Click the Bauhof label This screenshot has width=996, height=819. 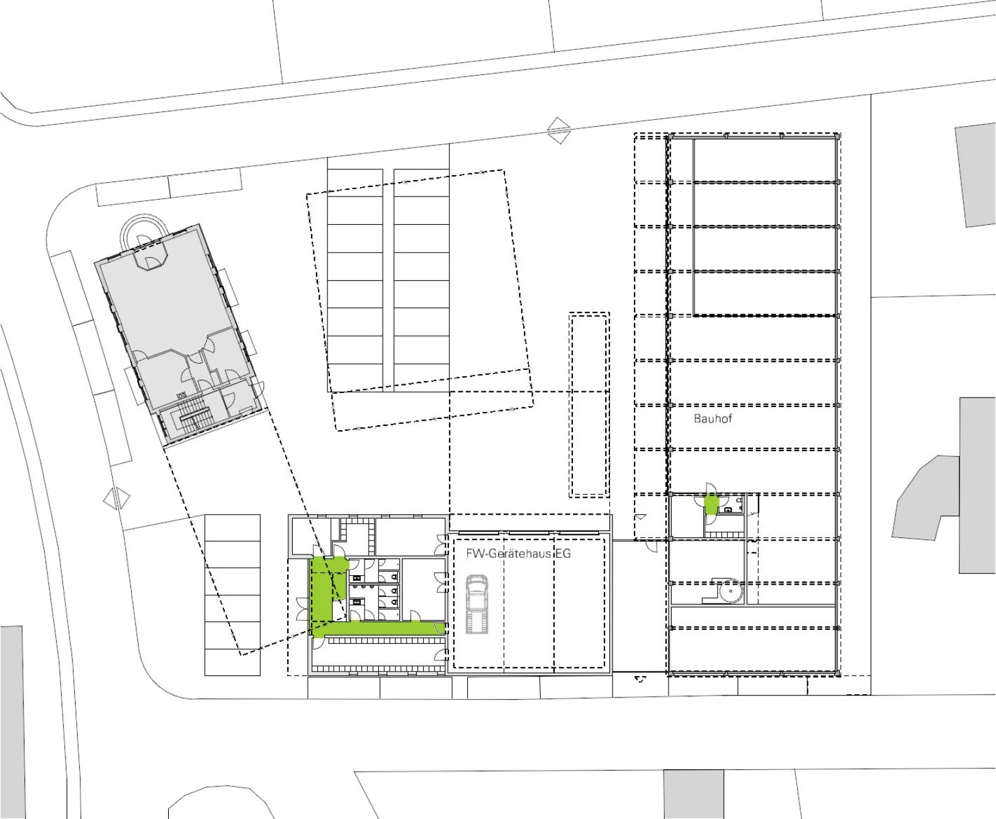pos(713,418)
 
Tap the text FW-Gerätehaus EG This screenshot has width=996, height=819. pos(518,553)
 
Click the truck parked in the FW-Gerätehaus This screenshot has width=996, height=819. pos(477,604)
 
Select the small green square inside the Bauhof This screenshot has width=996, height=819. pos(711,504)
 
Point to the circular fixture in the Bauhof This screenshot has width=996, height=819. pos(730,591)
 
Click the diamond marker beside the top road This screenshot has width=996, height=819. pos(558,130)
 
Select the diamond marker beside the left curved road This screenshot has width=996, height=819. pos(116,498)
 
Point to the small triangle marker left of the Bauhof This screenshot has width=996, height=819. pos(640,517)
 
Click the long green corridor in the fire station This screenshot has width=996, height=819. pos(378,628)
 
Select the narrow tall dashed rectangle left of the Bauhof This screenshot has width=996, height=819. pos(589,405)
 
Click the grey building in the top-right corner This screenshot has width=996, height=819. pos(975,175)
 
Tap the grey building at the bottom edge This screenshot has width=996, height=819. pos(693,794)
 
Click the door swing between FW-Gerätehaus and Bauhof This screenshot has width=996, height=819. pos(651,546)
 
